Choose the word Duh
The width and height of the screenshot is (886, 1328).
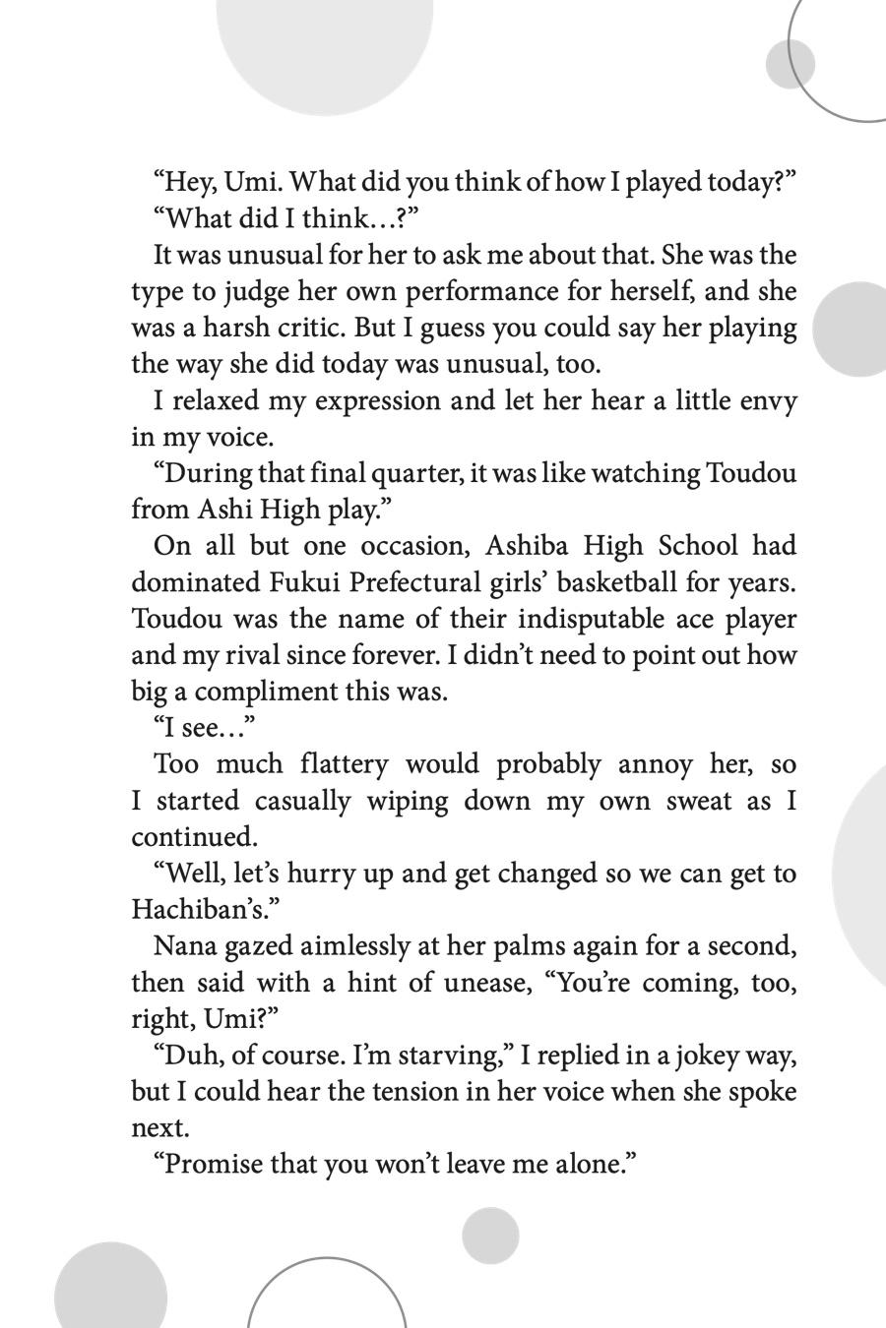(186, 1056)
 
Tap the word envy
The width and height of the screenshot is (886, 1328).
(764, 400)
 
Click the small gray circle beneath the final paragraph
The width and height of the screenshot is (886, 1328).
(490, 1236)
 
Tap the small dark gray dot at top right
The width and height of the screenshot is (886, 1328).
(790, 63)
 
